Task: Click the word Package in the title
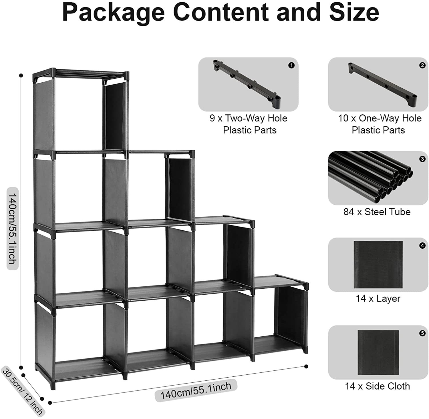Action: click(x=113, y=13)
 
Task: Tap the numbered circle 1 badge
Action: click(x=291, y=65)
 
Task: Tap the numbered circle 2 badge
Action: click(x=422, y=65)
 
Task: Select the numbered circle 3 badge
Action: click(x=422, y=159)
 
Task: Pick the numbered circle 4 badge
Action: click(x=422, y=246)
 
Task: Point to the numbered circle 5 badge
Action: click(x=422, y=333)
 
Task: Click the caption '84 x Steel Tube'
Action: click(x=377, y=212)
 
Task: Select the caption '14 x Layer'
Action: click(x=378, y=298)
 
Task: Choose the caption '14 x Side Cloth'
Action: click(x=377, y=386)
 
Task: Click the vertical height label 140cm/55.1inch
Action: click(x=13, y=228)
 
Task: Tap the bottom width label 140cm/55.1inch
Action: click(x=196, y=391)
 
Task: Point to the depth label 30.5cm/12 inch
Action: click(x=23, y=391)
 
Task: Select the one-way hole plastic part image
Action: click(x=382, y=84)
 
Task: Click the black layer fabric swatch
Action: click(x=378, y=265)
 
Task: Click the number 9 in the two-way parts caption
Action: click(x=212, y=118)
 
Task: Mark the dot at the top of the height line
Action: click(x=21, y=75)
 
